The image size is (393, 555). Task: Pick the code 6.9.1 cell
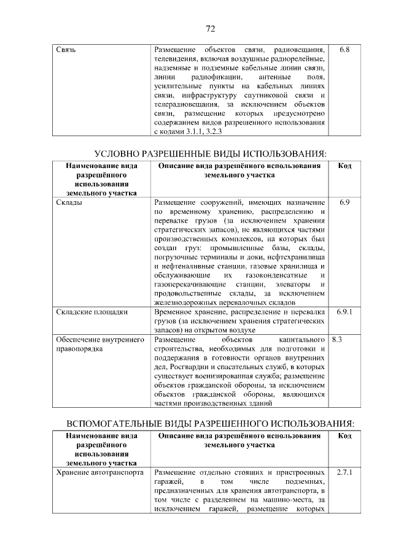pos(344,312)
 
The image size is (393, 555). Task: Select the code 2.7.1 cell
pos(344,473)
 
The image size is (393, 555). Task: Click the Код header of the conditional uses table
pos(344,166)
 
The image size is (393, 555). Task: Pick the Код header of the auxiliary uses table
pos(344,436)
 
